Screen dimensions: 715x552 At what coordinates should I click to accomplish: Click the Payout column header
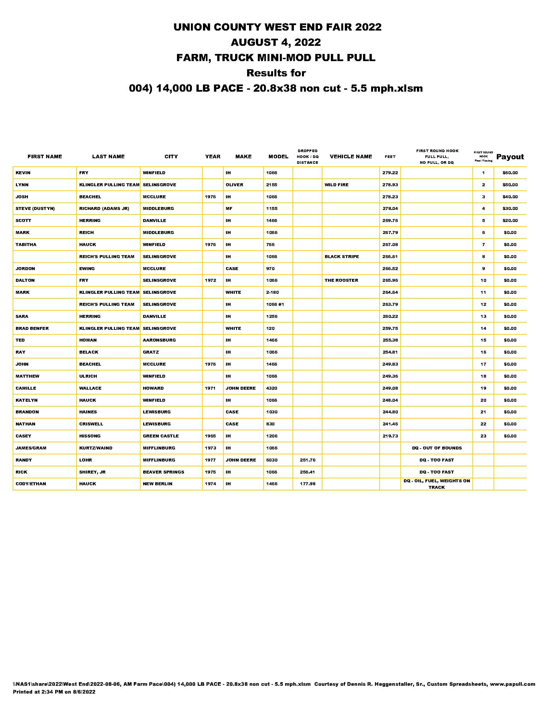coord(510,157)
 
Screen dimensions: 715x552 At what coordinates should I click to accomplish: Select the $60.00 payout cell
coord(510,173)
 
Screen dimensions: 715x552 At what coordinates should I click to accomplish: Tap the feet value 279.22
coord(390,173)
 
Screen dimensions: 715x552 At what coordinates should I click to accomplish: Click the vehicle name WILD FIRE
coord(336,185)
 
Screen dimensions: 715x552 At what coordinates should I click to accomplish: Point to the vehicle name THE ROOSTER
coord(341,280)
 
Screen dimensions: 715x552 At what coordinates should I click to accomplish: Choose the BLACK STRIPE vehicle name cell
coord(341,257)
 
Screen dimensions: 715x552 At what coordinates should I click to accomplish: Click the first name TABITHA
coord(26,244)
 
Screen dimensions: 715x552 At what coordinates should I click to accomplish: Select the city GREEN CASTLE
coord(160,436)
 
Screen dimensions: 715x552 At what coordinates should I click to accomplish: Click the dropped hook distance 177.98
coord(307,484)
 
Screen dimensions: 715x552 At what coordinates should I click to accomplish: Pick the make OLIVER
coord(234,185)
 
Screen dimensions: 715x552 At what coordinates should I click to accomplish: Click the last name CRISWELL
coord(91,424)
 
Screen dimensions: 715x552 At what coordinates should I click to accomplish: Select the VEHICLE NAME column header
coord(351,157)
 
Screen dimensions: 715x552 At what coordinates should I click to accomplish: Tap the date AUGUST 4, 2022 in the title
coord(276,42)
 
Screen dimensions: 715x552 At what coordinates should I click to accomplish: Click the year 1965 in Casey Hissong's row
coord(210,436)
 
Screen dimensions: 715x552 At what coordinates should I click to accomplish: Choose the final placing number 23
coord(483,436)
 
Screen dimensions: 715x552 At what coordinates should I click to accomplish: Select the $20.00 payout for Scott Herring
coord(510,221)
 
